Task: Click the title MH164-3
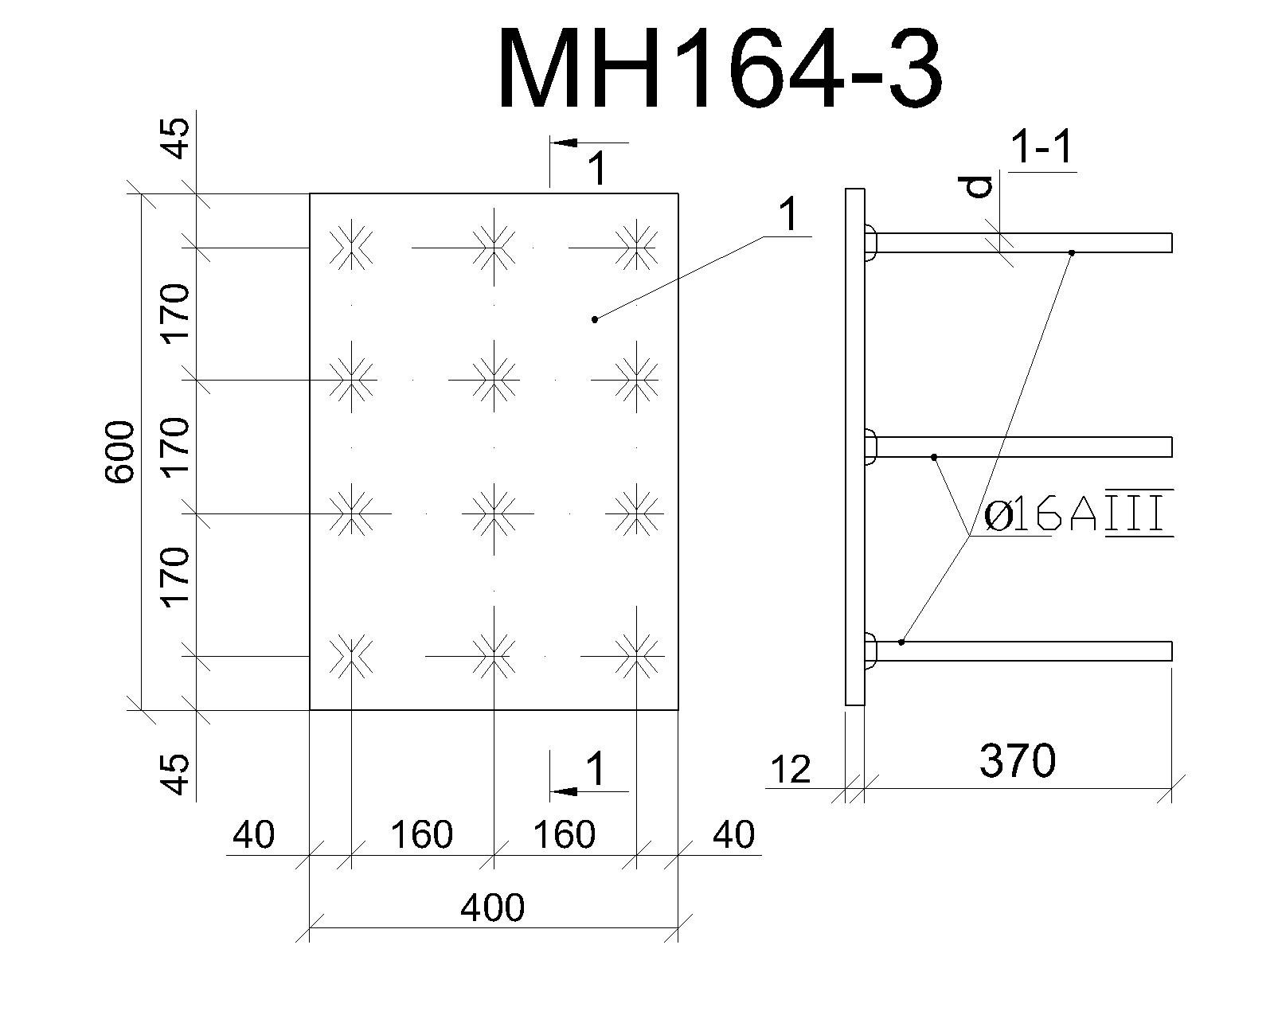(x=720, y=68)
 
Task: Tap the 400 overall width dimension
(x=493, y=908)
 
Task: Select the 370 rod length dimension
(x=1018, y=761)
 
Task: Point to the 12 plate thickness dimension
(x=791, y=771)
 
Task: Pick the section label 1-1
(x=1043, y=147)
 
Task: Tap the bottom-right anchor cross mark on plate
(x=636, y=655)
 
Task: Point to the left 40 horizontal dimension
(x=253, y=835)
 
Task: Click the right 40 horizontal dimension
(x=734, y=835)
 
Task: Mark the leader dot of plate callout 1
(x=595, y=320)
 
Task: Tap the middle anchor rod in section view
(x=1024, y=447)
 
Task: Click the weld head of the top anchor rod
(x=870, y=243)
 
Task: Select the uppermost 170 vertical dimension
(x=176, y=313)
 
